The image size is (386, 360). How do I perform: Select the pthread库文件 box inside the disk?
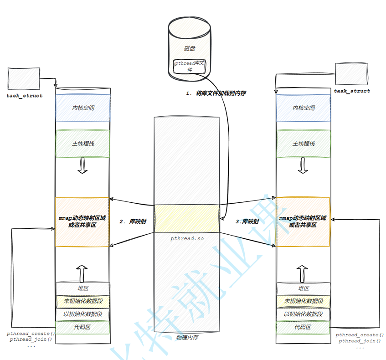pyautogui.click(x=190, y=67)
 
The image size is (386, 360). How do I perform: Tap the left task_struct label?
pyautogui.click(x=25, y=96)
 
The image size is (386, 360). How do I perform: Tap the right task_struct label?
pyautogui.click(x=352, y=91)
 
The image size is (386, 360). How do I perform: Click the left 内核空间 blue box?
pyautogui.click(x=82, y=108)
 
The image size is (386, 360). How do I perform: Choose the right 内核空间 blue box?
pyautogui.click(x=304, y=108)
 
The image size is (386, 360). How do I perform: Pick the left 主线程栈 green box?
pyautogui.click(x=82, y=144)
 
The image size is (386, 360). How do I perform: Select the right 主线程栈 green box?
pyautogui.click(x=304, y=144)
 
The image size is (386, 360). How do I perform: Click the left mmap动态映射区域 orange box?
pyautogui.click(x=82, y=222)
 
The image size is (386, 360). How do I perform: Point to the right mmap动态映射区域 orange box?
pyautogui.click(x=304, y=222)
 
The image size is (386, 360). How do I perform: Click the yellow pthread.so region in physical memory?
pyautogui.click(x=187, y=218)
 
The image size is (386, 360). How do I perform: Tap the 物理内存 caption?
pyautogui.click(x=187, y=338)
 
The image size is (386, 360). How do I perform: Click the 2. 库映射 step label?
pyautogui.click(x=133, y=221)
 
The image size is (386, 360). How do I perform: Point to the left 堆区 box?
pyautogui.click(x=82, y=288)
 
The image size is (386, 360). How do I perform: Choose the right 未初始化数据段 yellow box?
pyautogui.click(x=304, y=301)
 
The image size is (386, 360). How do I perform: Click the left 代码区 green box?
pyautogui.click(x=82, y=327)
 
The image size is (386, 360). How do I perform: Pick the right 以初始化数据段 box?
pyautogui.click(x=304, y=314)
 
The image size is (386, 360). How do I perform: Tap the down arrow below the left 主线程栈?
pyautogui.click(x=82, y=166)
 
